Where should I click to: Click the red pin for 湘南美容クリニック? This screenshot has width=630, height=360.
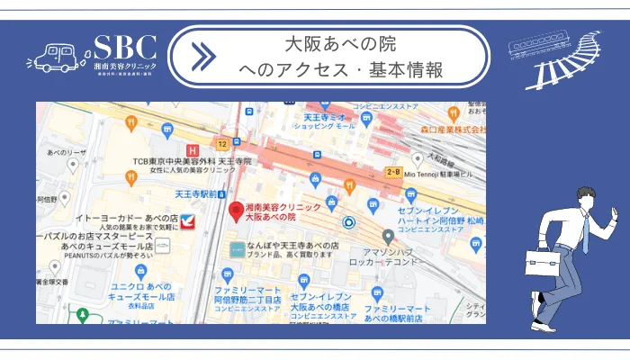[237, 212]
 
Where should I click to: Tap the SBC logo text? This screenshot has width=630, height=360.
[125, 49]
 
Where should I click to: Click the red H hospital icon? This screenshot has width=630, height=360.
[191, 150]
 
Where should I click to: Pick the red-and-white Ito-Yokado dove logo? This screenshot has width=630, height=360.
[188, 219]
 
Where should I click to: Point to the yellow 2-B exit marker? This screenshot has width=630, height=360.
[393, 171]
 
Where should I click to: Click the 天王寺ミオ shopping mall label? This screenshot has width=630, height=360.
[327, 119]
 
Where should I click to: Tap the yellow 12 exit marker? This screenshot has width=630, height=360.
[220, 144]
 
